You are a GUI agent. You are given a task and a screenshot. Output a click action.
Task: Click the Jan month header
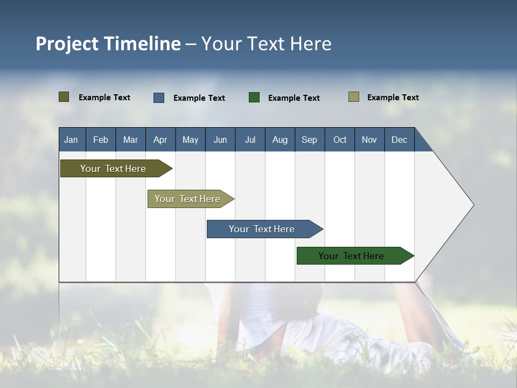pyautogui.click(x=71, y=140)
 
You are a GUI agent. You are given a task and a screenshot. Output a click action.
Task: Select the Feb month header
pyautogui.click(x=101, y=140)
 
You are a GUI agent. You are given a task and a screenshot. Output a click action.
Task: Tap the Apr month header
pyautogui.click(x=160, y=140)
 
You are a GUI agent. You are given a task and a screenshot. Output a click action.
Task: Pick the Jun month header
pyautogui.click(x=220, y=140)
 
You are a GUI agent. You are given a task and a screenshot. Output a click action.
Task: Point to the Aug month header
pyautogui.click(x=280, y=140)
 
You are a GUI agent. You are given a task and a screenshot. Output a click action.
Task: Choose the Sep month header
pyautogui.click(x=309, y=140)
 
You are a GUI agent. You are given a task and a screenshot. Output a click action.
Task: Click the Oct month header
pyautogui.click(x=340, y=140)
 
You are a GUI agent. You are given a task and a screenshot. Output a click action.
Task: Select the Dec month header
pyautogui.click(x=399, y=140)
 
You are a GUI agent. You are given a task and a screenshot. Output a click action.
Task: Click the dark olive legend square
pyautogui.click(x=64, y=97)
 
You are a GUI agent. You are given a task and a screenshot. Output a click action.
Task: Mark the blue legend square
pyautogui.click(x=159, y=98)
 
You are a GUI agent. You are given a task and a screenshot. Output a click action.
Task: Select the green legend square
pyautogui.click(x=254, y=98)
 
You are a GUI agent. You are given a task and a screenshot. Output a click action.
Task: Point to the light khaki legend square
pyautogui.click(x=354, y=97)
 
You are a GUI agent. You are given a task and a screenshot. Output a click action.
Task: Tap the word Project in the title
pyautogui.click(x=67, y=44)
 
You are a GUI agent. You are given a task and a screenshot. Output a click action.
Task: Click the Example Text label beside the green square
pyautogui.click(x=294, y=98)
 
